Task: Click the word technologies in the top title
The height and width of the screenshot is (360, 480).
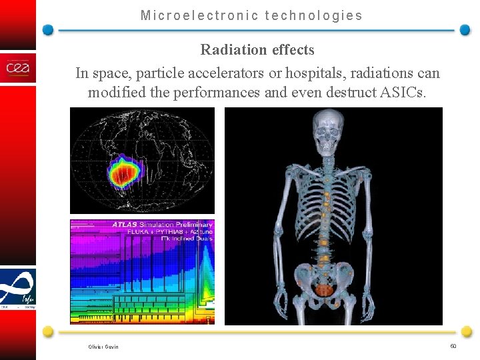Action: [x=314, y=15]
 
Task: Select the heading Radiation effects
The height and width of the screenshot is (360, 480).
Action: [x=257, y=49]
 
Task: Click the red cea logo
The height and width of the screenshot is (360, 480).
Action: [x=18, y=68]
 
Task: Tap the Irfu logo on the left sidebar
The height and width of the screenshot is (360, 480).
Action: [x=18, y=288]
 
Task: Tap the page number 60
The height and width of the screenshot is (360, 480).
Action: [x=453, y=345]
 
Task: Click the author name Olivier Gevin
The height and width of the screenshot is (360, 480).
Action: [x=103, y=346]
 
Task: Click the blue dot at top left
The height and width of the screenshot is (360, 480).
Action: [x=48, y=30]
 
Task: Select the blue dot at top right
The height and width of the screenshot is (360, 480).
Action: [x=465, y=30]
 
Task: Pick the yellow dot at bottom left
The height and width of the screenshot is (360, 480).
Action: [x=48, y=331]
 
